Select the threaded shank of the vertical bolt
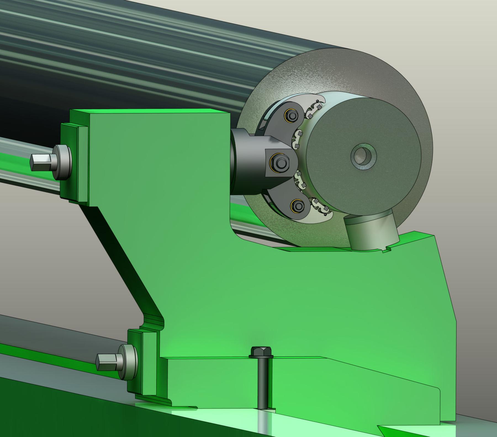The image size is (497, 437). (x=261, y=386)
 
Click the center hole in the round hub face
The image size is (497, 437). (x=364, y=156)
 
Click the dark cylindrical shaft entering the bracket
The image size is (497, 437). (x=243, y=163)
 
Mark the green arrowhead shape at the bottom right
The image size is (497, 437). (x=392, y=429)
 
